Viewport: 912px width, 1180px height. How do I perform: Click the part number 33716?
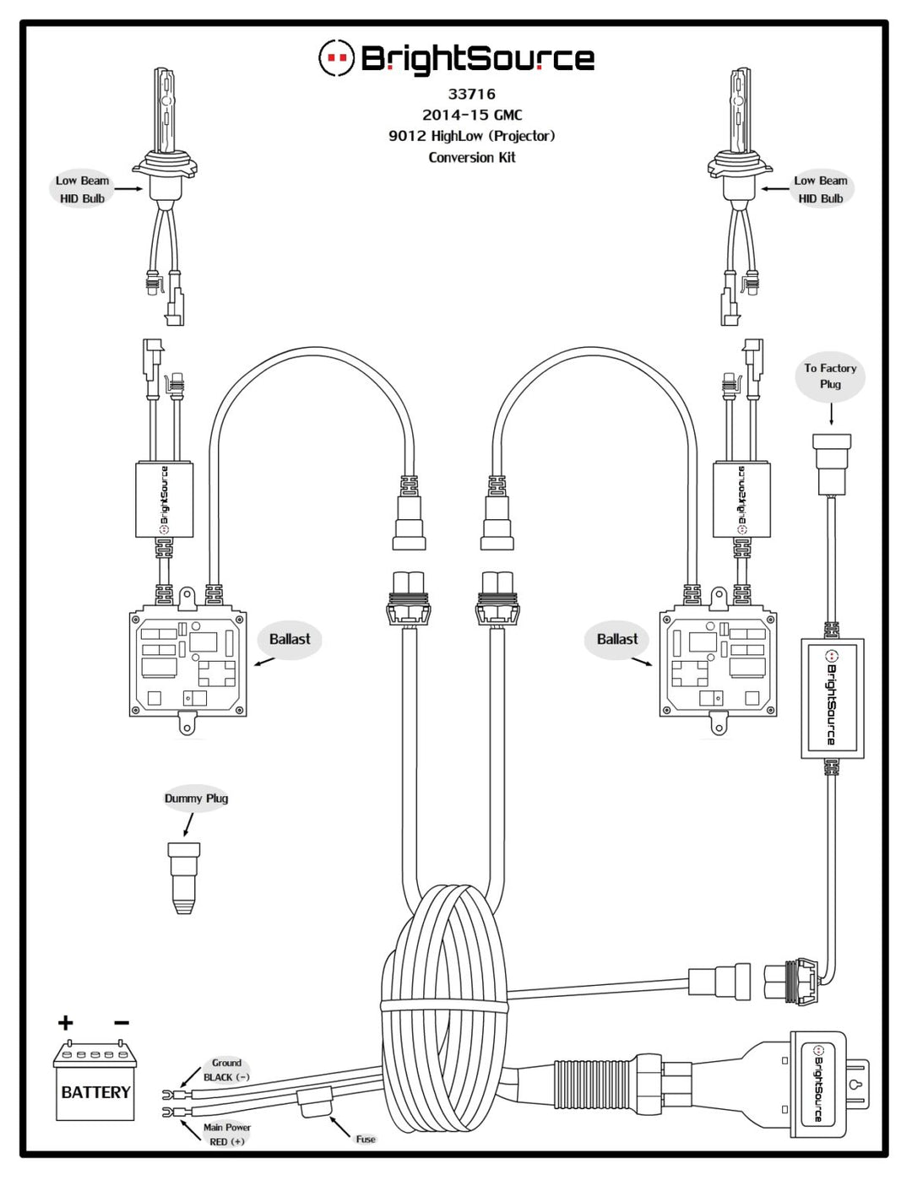(x=471, y=94)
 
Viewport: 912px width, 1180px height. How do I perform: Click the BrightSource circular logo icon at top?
(x=336, y=57)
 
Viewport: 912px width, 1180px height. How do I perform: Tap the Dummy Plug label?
(x=196, y=798)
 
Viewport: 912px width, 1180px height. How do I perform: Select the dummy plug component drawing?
(x=183, y=878)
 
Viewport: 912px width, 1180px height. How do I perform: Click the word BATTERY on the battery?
(x=95, y=1092)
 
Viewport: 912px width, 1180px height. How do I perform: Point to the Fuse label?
(x=366, y=1139)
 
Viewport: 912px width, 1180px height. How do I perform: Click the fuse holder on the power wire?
(x=316, y=1102)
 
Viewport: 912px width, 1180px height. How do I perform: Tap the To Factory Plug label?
(x=830, y=376)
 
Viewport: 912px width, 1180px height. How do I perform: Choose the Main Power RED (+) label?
(x=227, y=1134)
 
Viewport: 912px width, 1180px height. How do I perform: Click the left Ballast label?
(x=290, y=639)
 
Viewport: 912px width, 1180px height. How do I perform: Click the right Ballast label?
(x=617, y=639)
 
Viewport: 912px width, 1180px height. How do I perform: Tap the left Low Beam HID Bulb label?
(x=82, y=190)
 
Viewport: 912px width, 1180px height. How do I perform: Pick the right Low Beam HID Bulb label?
(x=820, y=190)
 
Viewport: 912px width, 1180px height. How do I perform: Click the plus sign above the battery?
(x=65, y=1023)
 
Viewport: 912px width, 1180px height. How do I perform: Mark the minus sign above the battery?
(x=121, y=1023)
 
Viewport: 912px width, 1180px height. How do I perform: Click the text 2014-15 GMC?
(x=471, y=115)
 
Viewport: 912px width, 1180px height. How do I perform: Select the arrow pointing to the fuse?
(x=339, y=1128)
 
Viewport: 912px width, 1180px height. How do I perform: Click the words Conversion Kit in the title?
(x=471, y=158)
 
